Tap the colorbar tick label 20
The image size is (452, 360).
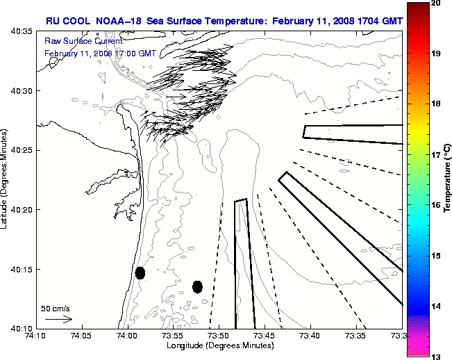435,2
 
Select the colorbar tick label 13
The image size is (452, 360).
435,355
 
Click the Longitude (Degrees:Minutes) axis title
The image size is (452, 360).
219,345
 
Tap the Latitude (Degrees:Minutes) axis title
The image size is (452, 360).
5,179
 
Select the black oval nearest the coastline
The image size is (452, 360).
140,272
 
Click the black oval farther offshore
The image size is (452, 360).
197,286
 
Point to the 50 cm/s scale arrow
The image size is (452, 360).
58,319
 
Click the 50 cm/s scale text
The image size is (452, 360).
56,308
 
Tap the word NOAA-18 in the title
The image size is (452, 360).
114,21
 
